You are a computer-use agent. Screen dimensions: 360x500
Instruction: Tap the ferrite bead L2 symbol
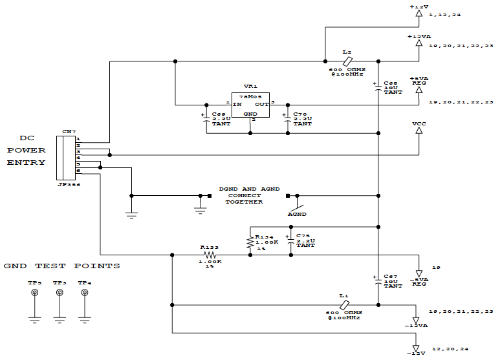(x=347, y=61)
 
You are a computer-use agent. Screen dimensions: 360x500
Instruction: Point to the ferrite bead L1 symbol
(x=345, y=304)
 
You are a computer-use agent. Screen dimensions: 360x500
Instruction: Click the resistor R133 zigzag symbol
(x=210, y=255)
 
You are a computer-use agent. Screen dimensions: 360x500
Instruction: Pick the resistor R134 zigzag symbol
(x=250, y=241)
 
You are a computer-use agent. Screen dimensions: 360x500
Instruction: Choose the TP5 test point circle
(x=35, y=293)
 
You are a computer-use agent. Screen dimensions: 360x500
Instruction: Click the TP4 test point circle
(x=84, y=293)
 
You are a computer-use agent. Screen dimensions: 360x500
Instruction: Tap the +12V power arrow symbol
(x=418, y=12)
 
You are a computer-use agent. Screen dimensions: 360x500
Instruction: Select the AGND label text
(x=298, y=215)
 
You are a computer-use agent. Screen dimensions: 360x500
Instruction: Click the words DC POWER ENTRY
(x=27, y=150)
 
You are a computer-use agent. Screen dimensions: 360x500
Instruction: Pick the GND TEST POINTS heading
(x=61, y=266)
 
